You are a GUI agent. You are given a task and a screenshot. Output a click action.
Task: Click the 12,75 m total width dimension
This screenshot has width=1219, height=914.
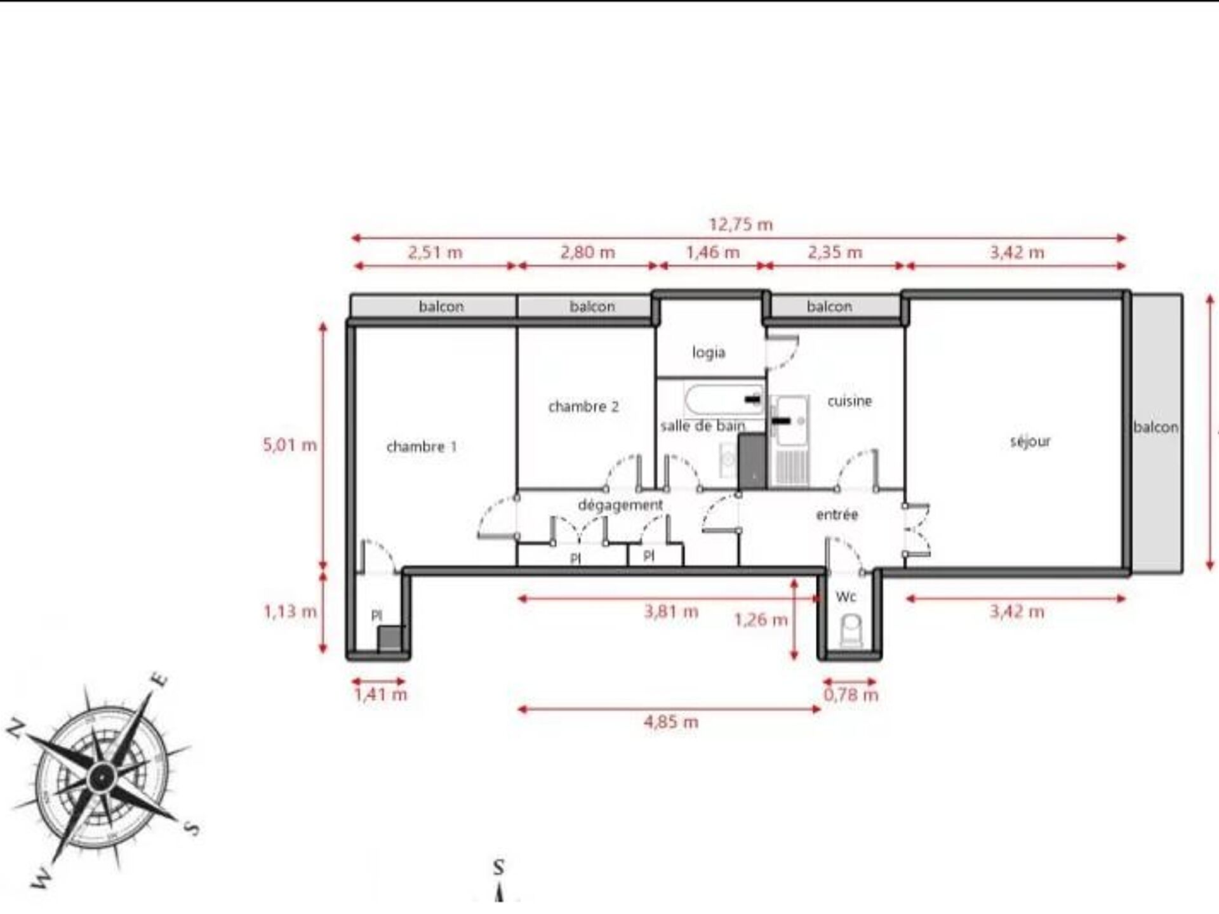click(740, 225)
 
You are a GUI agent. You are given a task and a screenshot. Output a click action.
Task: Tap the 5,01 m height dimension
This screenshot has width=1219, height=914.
click(290, 445)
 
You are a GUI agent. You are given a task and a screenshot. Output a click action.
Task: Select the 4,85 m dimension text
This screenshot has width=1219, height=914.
click(671, 722)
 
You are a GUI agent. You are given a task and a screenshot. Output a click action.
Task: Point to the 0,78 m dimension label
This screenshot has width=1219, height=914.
click(851, 695)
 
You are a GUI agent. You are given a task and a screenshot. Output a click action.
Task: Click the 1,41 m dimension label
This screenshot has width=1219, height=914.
click(380, 694)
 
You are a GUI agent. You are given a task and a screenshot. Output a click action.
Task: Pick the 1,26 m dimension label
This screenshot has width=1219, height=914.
click(761, 619)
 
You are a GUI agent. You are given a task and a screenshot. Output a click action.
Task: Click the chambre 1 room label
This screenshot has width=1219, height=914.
click(422, 447)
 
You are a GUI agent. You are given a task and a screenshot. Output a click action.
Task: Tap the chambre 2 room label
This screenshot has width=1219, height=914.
click(583, 407)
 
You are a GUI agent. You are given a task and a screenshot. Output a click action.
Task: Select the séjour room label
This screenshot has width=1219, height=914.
click(1030, 441)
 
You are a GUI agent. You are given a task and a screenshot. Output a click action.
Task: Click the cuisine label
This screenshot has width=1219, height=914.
click(849, 401)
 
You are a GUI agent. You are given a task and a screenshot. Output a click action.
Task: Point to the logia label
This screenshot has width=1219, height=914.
click(709, 352)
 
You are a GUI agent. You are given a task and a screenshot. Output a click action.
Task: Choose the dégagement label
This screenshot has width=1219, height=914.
click(620, 505)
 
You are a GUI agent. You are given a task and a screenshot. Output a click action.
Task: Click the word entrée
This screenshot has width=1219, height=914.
click(837, 515)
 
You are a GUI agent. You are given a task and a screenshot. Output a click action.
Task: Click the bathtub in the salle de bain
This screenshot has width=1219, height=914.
click(724, 399)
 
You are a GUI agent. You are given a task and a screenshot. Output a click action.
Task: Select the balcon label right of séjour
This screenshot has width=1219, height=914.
click(1156, 428)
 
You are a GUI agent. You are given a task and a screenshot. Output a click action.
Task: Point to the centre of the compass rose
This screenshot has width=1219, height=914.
click(100, 776)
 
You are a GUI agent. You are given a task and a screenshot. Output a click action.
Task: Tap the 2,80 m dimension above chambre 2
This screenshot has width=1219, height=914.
click(587, 253)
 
